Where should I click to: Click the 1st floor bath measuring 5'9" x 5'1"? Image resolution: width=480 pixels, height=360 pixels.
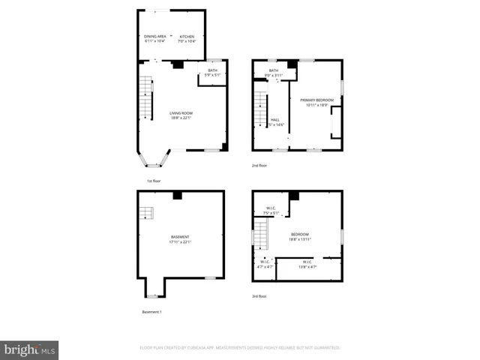pos(212,72)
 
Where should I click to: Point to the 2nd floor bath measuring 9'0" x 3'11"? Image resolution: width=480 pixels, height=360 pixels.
pos(274,72)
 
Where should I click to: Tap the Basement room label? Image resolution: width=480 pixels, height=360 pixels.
pos(180,239)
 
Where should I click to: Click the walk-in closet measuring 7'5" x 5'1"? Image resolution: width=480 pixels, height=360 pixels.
pos(271,211)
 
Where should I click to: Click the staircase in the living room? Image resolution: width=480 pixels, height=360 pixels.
pos(145,97)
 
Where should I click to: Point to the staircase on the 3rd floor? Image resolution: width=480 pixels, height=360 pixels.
pos(259,236)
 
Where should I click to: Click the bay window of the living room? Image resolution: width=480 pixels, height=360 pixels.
pos(154,160)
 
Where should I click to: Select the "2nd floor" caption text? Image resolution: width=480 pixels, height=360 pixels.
pos(259,165)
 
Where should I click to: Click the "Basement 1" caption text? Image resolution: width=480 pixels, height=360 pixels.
pos(151,311)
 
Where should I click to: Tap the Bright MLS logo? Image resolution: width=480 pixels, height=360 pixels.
pos(30,349)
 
